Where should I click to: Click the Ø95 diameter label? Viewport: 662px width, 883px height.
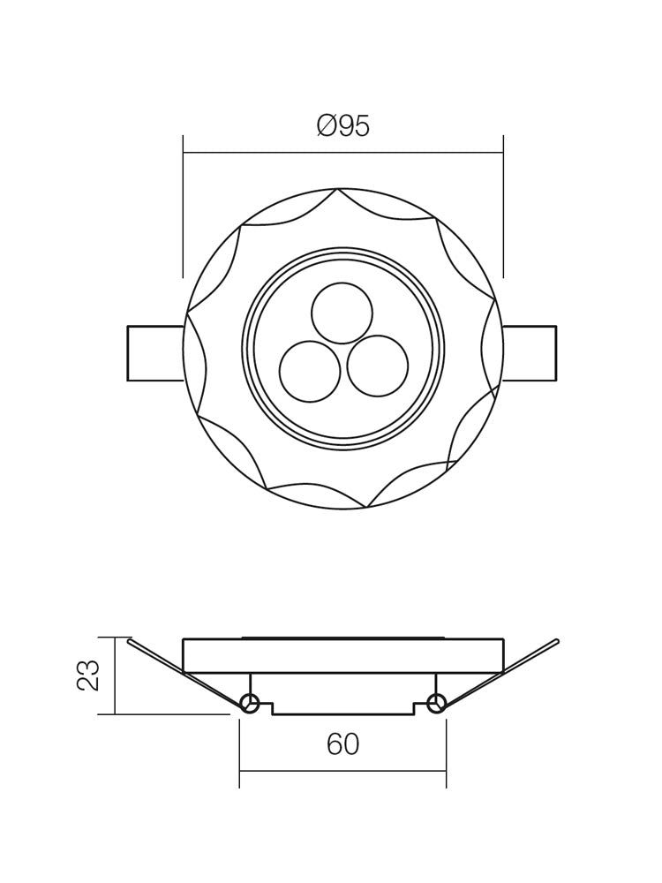point(343,126)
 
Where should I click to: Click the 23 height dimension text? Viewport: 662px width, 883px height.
point(89,675)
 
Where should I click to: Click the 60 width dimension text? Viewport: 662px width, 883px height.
point(342,744)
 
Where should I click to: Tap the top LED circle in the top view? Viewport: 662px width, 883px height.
point(342,313)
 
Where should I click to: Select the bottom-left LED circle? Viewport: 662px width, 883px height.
point(310,371)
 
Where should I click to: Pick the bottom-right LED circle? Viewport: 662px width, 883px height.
point(378,366)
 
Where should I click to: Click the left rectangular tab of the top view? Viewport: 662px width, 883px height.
point(155,353)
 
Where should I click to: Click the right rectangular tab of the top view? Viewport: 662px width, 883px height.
point(530,353)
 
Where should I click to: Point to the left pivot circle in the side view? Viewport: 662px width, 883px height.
point(250,704)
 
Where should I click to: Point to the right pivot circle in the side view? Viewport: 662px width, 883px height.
point(435,704)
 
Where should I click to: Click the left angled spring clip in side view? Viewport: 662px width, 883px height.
point(181,669)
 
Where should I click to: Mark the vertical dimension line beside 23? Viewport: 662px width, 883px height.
point(115,675)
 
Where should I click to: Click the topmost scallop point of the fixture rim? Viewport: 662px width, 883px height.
point(337,189)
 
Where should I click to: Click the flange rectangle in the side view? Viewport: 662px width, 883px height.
point(342,656)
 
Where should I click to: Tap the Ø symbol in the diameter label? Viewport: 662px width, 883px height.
point(326,126)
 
